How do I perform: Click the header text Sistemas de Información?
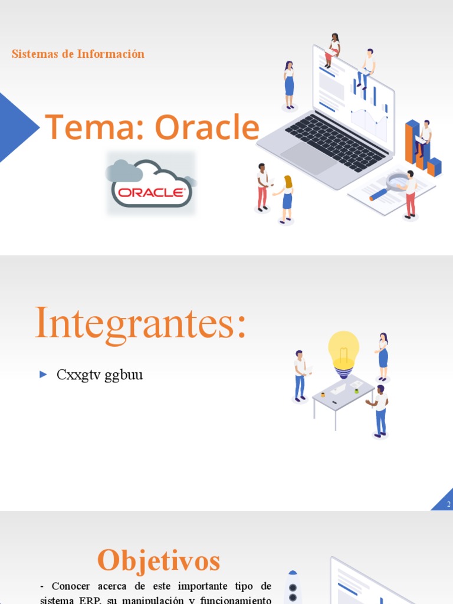coord(78,54)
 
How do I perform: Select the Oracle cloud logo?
coord(152,183)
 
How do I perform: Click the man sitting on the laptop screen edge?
coord(367,68)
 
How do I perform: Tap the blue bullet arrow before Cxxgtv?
coord(43,374)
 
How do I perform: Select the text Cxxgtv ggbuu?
coord(100,375)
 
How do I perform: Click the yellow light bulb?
coord(343,352)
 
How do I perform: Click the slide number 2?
coord(448,504)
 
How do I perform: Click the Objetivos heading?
coord(159,560)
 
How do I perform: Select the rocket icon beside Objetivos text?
coord(293,587)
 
